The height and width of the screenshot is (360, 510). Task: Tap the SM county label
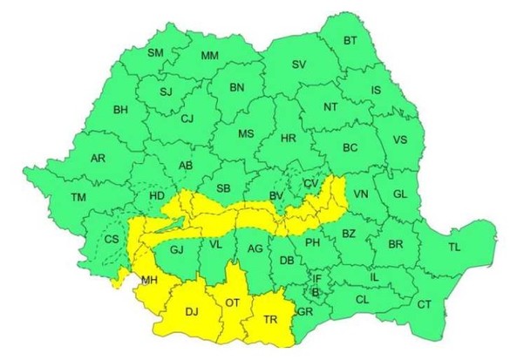pyautogui.click(x=156, y=53)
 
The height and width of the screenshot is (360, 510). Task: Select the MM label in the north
pyautogui.click(x=209, y=57)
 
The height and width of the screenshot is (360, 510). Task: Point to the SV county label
pyautogui.click(x=299, y=65)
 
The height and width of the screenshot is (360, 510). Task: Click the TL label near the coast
pyautogui.click(x=454, y=247)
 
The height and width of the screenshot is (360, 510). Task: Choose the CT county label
pyautogui.click(x=425, y=304)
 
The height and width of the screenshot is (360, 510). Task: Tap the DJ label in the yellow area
pyautogui.click(x=191, y=309)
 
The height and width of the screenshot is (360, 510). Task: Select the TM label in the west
pyautogui.click(x=79, y=199)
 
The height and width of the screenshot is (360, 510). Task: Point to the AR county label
pyautogui.click(x=99, y=159)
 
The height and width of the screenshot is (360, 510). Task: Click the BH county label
pyautogui.click(x=120, y=110)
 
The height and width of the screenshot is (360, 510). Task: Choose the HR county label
pyautogui.click(x=289, y=138)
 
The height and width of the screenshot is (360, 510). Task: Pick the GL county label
pyautogui.click(x=399, y=194)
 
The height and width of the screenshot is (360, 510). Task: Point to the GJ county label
pyautogui.click(x=177, y=250)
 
